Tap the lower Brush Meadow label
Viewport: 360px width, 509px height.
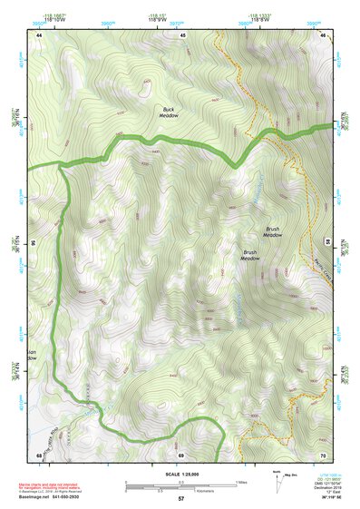pos(249,255)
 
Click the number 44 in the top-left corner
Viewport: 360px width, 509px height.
pos(39,34)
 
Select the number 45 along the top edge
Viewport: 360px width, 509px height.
pos(182,34)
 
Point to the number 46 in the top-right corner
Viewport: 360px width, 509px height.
pos(323,34)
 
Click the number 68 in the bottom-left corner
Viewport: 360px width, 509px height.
pos(39,454)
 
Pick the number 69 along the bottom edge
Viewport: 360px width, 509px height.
pos(180,454)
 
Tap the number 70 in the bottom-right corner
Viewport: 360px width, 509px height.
pos(323,454)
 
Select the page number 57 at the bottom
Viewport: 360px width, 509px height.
pos(180,499)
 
